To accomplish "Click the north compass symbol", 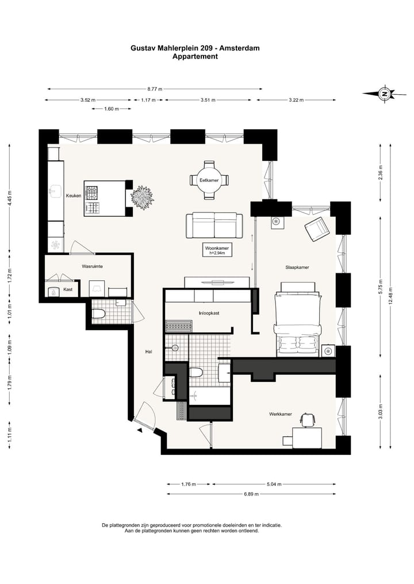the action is coord(384,94).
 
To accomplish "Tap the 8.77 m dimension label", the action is coord(155,89).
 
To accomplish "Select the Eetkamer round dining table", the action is coord(209,180).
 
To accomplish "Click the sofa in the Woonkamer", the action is coord(214,225).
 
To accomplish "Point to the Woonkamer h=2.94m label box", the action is coord(217,250).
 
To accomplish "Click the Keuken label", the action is coord(74,196).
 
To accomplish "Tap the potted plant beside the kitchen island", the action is coord(142,195).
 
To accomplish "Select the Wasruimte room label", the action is coord(92,266).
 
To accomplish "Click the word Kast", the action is coord(68,289).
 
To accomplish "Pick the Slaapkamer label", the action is coord(297,267).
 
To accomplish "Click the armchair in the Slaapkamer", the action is coord(317,229).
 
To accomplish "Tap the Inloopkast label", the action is coord(209,313).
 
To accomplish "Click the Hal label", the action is coord(148,351).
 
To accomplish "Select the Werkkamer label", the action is coord(281,414).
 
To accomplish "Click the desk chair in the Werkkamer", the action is coord(307,420).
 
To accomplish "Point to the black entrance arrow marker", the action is coord(140,431).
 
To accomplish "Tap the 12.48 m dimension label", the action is coord(390,295).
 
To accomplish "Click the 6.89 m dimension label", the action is coord(251,494).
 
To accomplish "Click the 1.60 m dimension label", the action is coord(112,109).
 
